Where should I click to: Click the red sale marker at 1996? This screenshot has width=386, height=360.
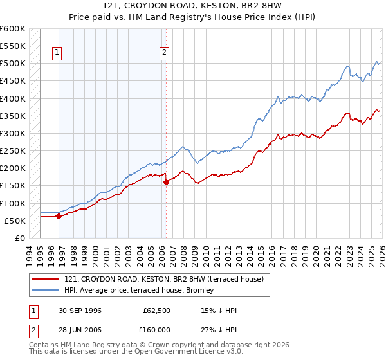[x=59, y=216]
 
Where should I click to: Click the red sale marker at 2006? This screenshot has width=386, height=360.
[x=166, y=182]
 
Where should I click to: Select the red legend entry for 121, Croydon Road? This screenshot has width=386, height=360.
[x=163, y=279]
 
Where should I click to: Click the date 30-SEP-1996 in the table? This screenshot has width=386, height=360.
[x=79, y=310]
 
